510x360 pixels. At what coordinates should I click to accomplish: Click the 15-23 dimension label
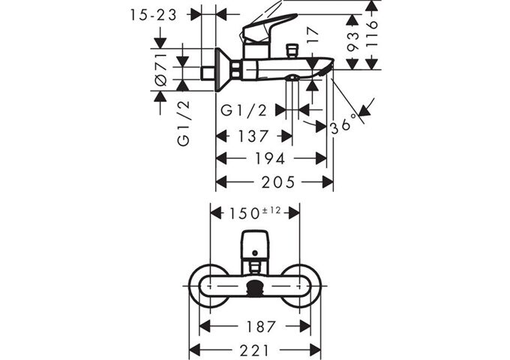click(x=155, y=14)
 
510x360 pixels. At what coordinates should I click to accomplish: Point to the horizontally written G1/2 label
click(x=244, y=110)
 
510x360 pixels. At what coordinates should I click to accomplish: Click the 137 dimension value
click(x=253, y=136)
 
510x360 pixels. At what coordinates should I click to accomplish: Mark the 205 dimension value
click(x=275, y=182)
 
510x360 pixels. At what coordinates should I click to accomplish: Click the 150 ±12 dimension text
click(x=254, y=212)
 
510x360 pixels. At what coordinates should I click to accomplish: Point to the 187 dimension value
click(x=255, y=326)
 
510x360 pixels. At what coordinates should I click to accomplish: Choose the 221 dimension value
click(x=255, y=349)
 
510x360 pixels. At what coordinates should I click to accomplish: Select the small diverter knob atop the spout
click(x=292, y=51)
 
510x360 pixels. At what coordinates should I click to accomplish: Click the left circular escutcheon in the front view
click(x=209, y=286)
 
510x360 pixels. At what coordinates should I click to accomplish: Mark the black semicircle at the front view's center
click(x=255, y=286)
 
